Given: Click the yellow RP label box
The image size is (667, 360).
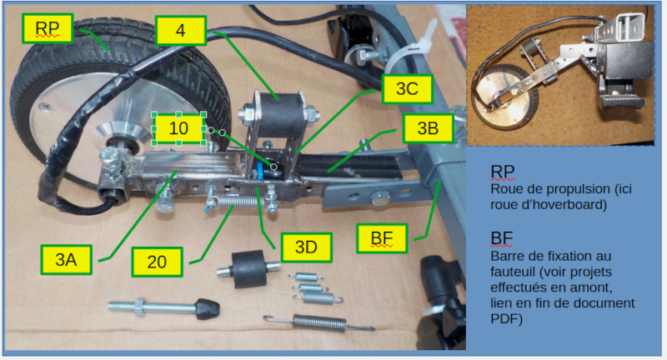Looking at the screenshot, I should pos(48,30).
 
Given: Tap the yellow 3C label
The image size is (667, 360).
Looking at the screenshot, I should pos(405,88).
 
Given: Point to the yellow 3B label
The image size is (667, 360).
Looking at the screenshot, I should pos(428,129).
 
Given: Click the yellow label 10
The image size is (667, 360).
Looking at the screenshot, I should pos(179,129).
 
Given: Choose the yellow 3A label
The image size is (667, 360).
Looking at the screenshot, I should pos(66,260).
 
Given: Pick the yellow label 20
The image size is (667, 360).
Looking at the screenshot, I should pos(157,262).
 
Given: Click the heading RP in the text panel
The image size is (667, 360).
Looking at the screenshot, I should pos(503,172).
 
